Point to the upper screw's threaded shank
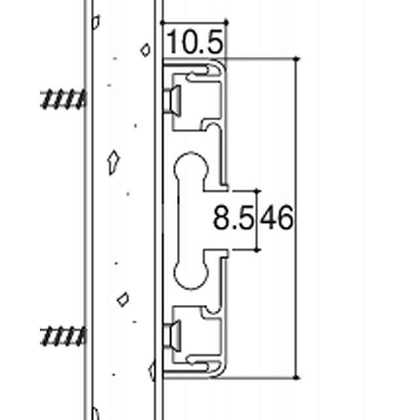[63, 98]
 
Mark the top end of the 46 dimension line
[299, 59]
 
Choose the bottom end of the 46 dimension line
[299, 378]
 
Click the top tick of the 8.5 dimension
[258, 191]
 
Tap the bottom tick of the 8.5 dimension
[258, 249]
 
